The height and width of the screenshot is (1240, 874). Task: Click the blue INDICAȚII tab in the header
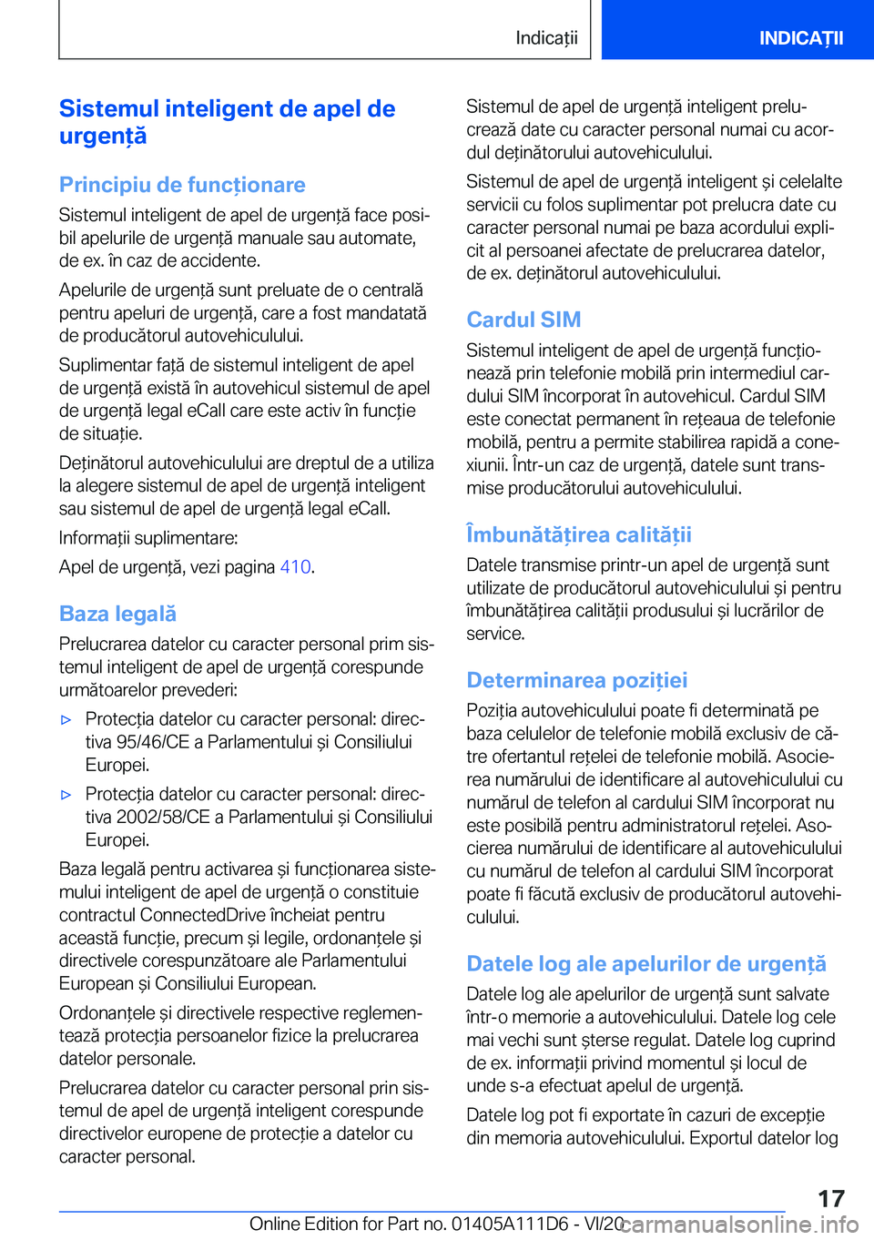point(801,38)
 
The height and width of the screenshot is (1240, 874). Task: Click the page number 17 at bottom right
point(830,1198)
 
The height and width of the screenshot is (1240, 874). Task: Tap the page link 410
point(295,567)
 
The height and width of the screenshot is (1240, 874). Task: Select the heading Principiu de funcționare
point(182,185)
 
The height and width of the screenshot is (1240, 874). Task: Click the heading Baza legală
point(117,614)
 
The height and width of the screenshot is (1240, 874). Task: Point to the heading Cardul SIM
point(523,320)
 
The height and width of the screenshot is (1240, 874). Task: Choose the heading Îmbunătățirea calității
point(579,534)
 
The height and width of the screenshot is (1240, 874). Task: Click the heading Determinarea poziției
point(576,680)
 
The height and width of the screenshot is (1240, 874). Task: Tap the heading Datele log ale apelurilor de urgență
point(646,963)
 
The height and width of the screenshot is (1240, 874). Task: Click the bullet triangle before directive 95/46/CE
point(66,720)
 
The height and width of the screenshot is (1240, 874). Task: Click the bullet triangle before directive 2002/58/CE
point(66,795)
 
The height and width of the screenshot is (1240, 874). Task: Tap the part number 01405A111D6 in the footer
point(510,1224)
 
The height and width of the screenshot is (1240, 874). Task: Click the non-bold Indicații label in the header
point(546,38)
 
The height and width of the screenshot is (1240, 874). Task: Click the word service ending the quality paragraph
point(494,634)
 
